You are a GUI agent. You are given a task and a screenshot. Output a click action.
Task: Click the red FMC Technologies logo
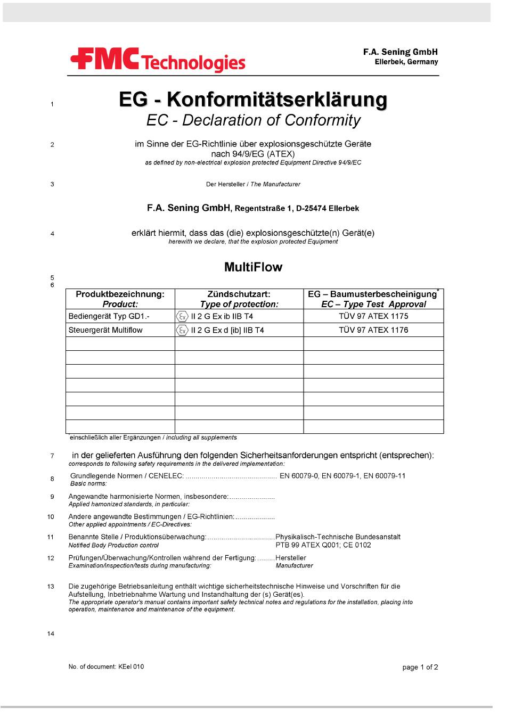click(158, 61)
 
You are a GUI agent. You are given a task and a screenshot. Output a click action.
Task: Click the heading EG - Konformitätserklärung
click(253, 100)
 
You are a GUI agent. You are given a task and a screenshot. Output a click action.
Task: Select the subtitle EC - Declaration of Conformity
click(254, 120)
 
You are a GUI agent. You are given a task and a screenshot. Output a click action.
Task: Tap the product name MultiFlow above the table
click(253, 267)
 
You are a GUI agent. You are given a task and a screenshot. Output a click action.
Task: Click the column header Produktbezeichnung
click(120, 294)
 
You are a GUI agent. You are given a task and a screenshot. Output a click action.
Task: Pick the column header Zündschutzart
click(239, 294)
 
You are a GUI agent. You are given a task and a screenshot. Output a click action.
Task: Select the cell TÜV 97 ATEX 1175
click(373, 316)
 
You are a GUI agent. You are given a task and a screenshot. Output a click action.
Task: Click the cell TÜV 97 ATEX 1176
click(373, 330)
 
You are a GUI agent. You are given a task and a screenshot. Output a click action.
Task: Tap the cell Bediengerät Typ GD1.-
click(109, 316)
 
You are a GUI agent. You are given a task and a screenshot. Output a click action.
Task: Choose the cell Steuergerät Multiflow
click(105, 330)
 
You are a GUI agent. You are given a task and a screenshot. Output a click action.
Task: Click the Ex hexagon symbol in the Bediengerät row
click(182, 316)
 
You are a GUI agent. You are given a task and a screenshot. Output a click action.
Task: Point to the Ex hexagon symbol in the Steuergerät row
click(182, 330)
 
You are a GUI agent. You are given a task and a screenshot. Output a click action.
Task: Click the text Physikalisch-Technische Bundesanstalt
click(338, 537)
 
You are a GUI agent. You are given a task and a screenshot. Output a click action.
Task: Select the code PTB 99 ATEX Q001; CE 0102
click(323, 545)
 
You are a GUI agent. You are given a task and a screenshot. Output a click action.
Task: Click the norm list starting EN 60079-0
click(342, 476)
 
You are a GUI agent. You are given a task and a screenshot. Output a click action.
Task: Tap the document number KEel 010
click(130, 667)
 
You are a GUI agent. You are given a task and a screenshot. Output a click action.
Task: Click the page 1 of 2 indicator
click(420, 668)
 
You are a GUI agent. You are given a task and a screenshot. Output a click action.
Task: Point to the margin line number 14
click(51, 633)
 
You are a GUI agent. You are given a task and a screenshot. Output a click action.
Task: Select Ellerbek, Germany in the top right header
click(406, 62)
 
